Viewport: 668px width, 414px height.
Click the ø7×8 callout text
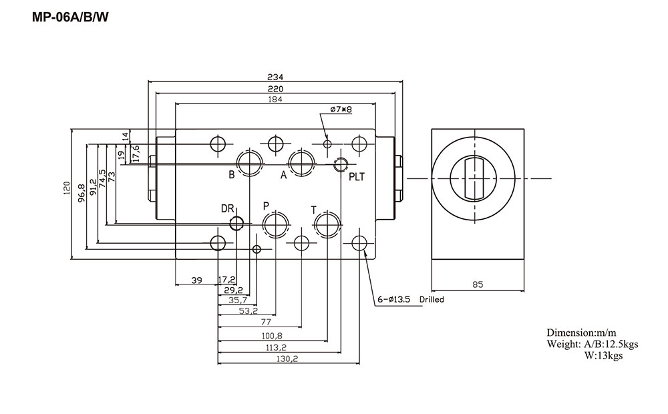[x=341, y=109]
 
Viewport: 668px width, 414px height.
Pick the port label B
[x=231, y=175]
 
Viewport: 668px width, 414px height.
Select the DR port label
[x=228, y=209]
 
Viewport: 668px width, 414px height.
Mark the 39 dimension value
[x=196, y=280]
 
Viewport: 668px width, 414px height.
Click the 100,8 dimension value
[x=271, y=335]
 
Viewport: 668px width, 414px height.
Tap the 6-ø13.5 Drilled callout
[x=410, y=300]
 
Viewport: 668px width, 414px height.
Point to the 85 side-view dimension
[x=478, y=284]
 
